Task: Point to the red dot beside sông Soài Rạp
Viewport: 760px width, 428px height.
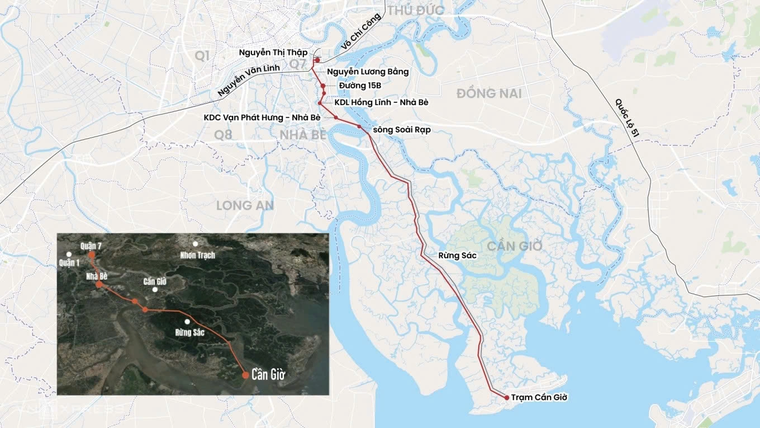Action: click(x=360, y=127)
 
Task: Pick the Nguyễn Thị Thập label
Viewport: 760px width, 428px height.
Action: click(x=273, y=53)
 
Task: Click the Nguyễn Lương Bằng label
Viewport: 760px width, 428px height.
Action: click(x=368, y=72)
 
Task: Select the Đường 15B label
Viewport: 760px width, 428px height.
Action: click(x=359, y=86)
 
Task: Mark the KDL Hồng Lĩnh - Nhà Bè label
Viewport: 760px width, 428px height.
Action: click(x=381, y=103)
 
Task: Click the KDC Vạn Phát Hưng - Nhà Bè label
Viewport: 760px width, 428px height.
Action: click(x=262, y=117)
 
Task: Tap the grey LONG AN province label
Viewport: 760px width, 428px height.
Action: click(x=245, y=205)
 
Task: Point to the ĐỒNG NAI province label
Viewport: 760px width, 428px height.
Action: click(x=489, y=93)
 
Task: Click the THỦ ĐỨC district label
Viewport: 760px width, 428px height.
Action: click(x=416, y=11)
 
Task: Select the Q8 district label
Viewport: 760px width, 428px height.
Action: click(x=223, y=134)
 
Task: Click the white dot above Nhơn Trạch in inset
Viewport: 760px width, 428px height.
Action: click(x=196, y=244)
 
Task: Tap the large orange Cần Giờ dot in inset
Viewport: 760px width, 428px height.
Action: click(x=245, y=375)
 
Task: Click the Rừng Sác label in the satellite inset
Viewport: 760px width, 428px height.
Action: click(x=190, y=332)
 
